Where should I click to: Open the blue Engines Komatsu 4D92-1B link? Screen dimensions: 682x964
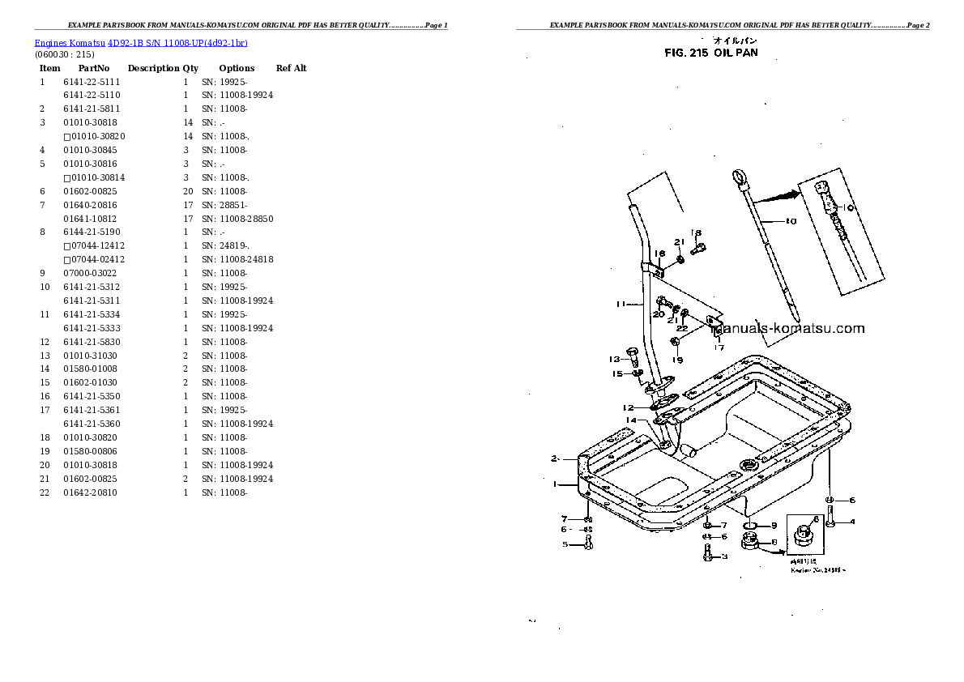click(x=140, y=42)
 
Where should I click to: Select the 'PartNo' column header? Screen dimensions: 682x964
click(x=94, y=68)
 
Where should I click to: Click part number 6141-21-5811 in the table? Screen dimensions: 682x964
click(x=92, y=109)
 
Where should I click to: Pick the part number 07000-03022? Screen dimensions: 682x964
click(x=92, y=273)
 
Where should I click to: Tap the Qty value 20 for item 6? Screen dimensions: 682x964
click(x=188, y=191)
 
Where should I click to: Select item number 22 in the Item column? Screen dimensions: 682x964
click(x=45, y=492)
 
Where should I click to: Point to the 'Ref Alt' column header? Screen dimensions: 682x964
click(x=292, y=68)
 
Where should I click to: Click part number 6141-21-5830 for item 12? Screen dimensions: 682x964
click(x=92, y=342)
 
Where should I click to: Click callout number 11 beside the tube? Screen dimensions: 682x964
click(x=621, y=305)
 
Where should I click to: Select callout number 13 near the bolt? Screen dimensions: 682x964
click(x=614, y=359)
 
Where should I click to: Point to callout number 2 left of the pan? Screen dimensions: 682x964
click(x=555, y=458)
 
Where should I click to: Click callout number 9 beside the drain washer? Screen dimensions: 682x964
click(x=774, y=526)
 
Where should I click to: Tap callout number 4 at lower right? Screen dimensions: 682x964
click(x=852, y=522)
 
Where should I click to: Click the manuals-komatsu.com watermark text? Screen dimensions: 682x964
click(x=787, y=329)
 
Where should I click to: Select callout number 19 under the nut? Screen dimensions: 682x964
click(x=676, y=360)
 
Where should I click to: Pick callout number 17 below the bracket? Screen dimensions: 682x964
click(x=719, y=348)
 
